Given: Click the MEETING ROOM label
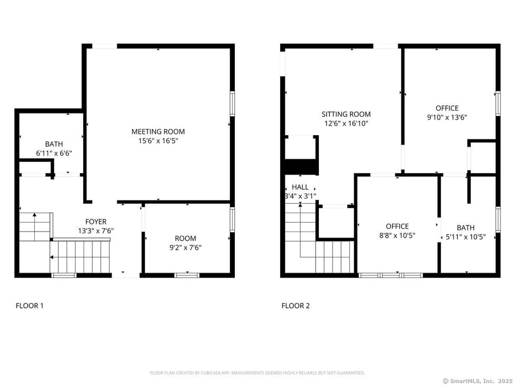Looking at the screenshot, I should tap(158, 132).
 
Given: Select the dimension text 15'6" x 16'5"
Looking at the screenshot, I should tap(158, 141).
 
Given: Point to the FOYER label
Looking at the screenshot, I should tap(96, 222).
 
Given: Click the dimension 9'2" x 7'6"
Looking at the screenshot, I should tap(186, 248).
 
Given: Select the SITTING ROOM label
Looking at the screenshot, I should tap(346, 115).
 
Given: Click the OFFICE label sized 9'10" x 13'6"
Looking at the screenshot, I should tap(447, 108).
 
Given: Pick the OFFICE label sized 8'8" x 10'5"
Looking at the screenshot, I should tap(397, 226).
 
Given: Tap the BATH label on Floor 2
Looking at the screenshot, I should tap(466, 228).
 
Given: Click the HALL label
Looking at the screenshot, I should tap(300, 187).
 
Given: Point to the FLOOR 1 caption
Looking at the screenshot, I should tap(29, 306).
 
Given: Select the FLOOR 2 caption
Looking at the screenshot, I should tap(296, 306).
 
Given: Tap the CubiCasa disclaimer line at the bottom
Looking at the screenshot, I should tap(257, 373).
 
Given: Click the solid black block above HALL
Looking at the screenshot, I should tap(300, 167).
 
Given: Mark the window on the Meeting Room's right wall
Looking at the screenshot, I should tap(232, 104).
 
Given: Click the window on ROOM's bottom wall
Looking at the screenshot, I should tap(187, 275).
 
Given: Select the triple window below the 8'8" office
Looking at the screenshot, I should tap(390, 275).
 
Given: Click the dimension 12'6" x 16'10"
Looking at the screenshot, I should tap(346, 124).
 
